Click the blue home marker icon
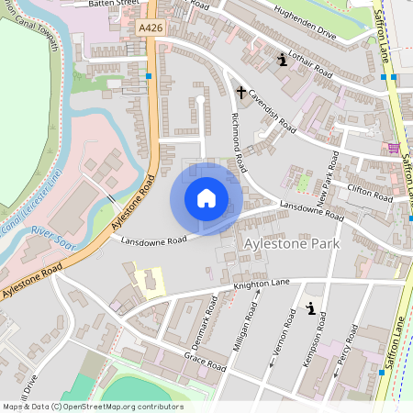tap(206, 198)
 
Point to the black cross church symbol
tap(241, 93)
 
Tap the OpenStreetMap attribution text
tap(92, 406)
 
